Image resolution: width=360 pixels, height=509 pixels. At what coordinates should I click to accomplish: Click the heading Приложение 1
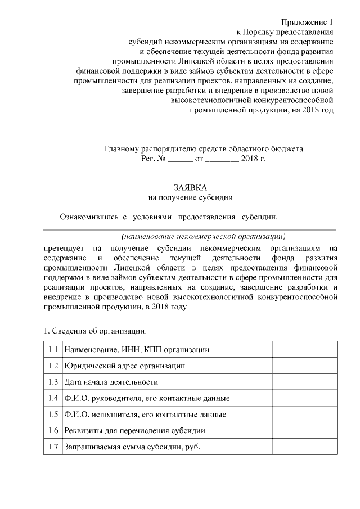coord(307,22)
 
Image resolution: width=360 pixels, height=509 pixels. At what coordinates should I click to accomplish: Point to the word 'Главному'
coord(120,149)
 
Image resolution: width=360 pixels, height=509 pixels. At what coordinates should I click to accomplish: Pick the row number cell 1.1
coord(53,349)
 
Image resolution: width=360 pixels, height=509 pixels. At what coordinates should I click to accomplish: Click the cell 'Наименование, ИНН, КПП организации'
coord(137,349)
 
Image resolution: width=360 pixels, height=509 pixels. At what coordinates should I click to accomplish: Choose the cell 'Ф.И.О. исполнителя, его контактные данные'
coord(146,415)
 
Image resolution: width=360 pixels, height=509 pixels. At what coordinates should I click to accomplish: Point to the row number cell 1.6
coord(53,431)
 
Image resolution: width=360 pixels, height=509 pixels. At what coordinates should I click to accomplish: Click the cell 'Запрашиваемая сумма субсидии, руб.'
coord(133,447)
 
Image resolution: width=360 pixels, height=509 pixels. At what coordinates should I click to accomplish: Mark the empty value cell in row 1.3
coord(304,382)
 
